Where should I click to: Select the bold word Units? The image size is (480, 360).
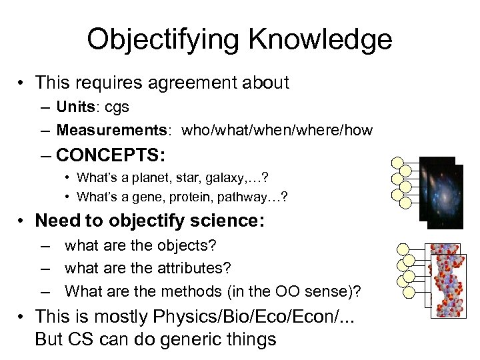point(75,107)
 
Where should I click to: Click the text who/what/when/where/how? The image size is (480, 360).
point(277,131)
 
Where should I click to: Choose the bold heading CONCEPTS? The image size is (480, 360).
point(111,155)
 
